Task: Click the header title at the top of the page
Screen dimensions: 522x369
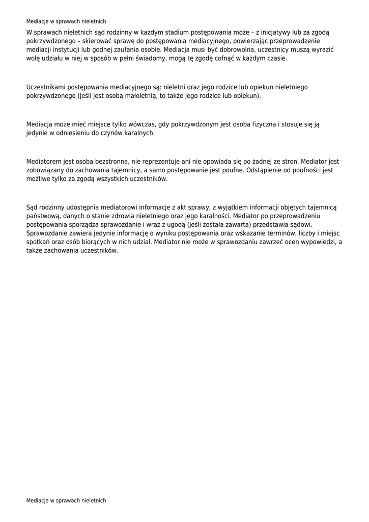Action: [x=66, y=21]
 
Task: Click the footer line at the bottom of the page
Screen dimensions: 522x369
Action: [x=66, y=501]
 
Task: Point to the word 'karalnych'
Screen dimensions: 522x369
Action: [x=137, y=133]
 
